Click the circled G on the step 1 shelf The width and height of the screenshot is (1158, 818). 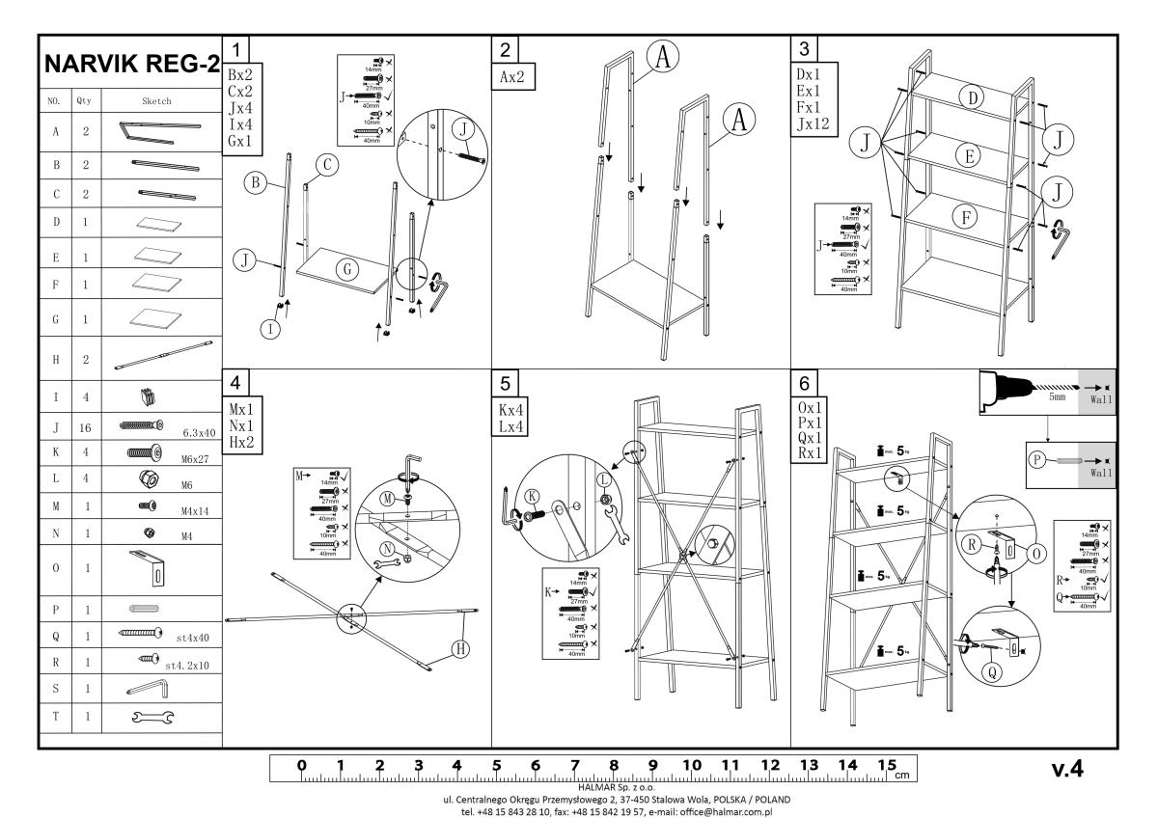(345, 270)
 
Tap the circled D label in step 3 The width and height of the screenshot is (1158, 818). (974, 96)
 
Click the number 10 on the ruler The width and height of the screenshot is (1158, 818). (691, 766)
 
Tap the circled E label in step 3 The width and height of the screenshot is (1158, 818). (967, 154)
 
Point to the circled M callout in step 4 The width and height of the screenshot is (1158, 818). (387, 499)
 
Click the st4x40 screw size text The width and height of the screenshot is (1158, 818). (192, 637)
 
